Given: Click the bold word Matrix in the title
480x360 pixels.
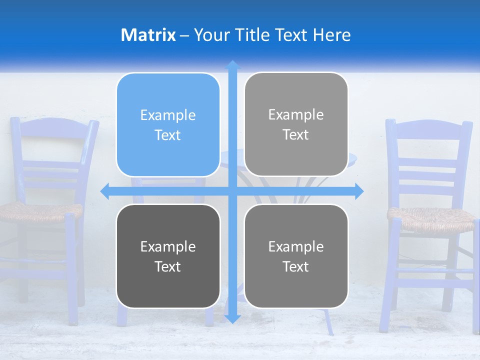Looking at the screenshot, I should coord(148,35).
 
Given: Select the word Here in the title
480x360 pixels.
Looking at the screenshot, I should coord(331,35).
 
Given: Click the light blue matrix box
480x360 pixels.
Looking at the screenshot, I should coord(168,125).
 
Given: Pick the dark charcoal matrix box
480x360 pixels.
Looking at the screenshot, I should coord(168,256).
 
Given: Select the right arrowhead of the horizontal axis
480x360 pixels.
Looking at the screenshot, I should coord(358,191).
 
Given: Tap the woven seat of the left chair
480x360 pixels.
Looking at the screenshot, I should coord(40,212).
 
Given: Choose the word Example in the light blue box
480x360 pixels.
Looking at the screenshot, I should coord(168,115).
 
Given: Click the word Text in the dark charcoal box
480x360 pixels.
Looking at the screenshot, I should coord(168,266).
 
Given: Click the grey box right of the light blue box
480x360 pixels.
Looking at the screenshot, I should coord(296,124).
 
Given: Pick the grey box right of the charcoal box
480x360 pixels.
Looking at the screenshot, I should coord(296,256).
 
